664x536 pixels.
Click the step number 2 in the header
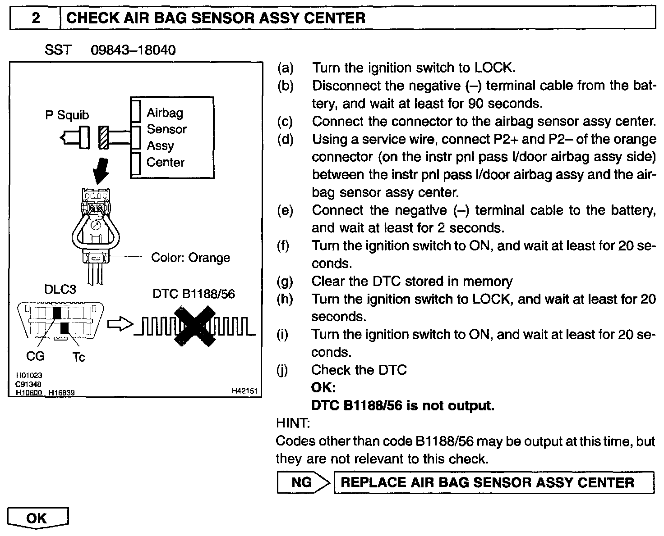35,18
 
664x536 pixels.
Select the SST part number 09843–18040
133,50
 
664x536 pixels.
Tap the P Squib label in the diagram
67,115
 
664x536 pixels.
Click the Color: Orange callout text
190,258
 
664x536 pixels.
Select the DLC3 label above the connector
60,289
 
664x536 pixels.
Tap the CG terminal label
35,356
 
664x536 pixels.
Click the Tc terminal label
78,357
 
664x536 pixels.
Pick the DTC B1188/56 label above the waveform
194,294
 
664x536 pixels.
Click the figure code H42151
244,391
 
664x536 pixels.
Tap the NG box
302,482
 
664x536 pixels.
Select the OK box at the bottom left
37,518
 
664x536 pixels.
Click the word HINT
292,423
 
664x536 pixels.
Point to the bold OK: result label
323,387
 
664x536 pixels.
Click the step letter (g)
285,282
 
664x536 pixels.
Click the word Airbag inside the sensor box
165,113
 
